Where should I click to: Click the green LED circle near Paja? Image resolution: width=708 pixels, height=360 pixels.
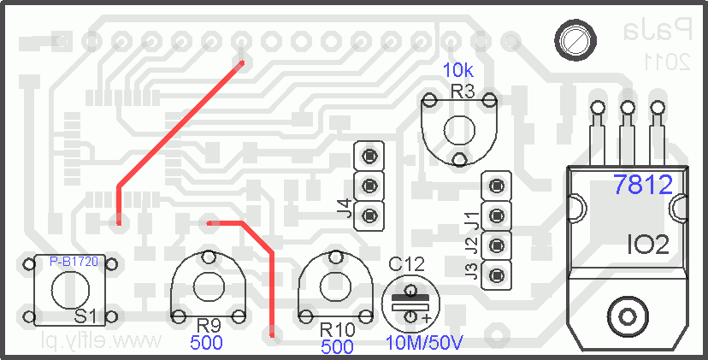tap(574, 40)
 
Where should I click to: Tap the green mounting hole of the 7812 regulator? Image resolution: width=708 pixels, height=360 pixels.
tap(628, 317)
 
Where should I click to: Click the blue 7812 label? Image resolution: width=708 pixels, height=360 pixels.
tap(650, 183)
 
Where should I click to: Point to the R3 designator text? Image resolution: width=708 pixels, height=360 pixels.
tap(463, 91)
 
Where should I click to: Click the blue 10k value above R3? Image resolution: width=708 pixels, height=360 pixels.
tap(458, 70)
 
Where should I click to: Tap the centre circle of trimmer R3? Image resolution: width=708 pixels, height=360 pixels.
tap(459, 129)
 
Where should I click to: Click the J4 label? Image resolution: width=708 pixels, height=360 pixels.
tap(344, 208)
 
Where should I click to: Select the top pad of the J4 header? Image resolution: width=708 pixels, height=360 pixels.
tap(369, 156)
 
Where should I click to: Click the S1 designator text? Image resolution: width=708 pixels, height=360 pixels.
tap(85, 316)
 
